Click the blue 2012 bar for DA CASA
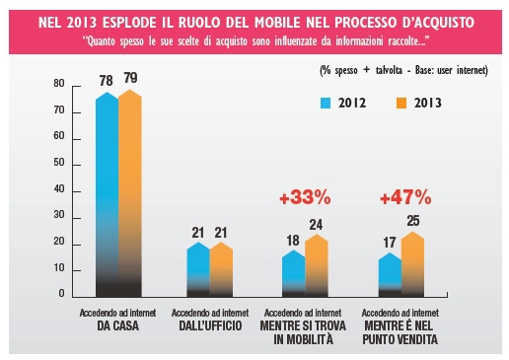[108, 194]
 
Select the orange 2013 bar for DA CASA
[130, 193]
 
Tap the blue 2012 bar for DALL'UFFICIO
[198, 269]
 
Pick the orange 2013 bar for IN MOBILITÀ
[317, 265]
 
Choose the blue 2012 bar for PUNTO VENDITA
[390, 275]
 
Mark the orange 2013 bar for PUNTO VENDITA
[412, 264]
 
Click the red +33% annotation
[305, 198]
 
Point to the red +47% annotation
[405, 197]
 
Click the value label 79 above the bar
[130, 78]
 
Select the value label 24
[316, 225]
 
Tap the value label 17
[390, 243]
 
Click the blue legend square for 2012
[326, 104]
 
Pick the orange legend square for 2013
[401, 104]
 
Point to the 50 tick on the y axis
[76, 166]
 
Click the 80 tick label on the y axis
[59, 84]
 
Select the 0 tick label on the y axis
[62, 294]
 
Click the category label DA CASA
[118, 325]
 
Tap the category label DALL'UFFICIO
[210, 325]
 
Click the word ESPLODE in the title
[130, 23]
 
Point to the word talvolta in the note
[389, 70]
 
